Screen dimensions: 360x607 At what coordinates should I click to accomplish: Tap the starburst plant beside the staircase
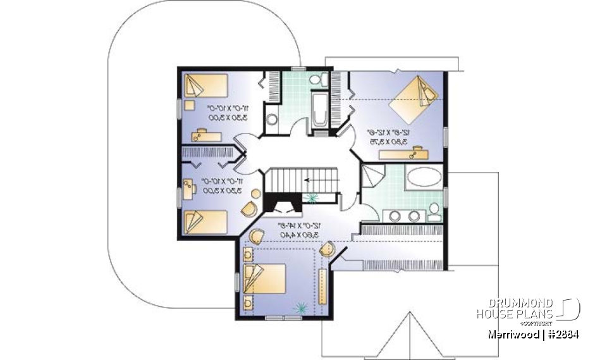pos(312,198)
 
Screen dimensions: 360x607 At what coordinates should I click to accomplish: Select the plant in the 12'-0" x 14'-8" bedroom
pos(299,308)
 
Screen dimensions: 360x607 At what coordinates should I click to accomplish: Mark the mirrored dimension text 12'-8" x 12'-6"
pos(387,133)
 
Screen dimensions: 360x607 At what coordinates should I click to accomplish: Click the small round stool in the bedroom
pos(255,193)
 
